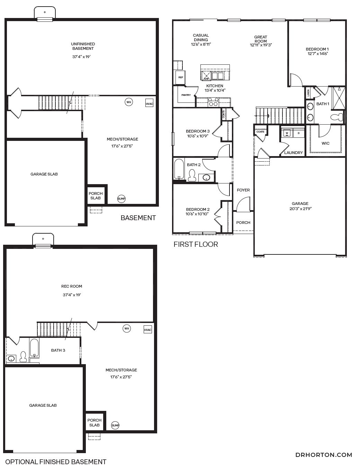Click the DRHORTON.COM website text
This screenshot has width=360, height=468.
(324, 455)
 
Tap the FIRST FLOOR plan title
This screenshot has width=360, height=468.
(196, 244)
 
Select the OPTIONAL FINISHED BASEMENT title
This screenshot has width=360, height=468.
(56, 462)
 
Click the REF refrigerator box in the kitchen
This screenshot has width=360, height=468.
(181, 77)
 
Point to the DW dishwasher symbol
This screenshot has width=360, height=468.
(206, 76)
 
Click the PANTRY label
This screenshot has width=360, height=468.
(186, 95)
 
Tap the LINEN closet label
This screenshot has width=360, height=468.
(308, 93)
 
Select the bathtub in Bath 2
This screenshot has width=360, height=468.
(179, 169)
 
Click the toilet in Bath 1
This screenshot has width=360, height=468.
(337, 117)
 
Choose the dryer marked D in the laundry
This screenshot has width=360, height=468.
(299, 133)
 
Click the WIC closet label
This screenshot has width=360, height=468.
(325, 143)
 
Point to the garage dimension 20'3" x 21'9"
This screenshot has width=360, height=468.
(300, 208)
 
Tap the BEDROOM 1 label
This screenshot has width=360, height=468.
(317, 49)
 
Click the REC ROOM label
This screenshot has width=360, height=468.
(72, 286)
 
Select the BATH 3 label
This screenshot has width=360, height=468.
(58, 350)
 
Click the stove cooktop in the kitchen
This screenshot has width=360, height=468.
(213, 102)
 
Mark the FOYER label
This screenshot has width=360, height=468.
(243, 190)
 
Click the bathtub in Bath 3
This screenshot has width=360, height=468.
(34, 348)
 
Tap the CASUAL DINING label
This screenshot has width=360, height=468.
(201, 37)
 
